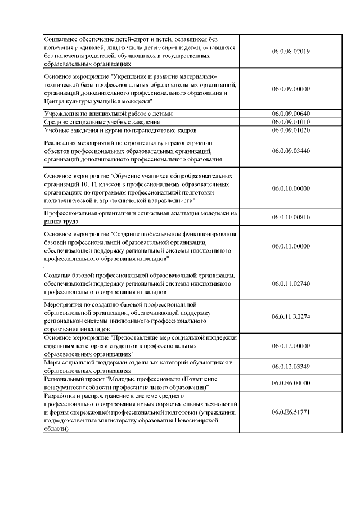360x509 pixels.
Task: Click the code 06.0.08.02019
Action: [291, 52]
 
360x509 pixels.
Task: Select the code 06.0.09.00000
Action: [291, 89]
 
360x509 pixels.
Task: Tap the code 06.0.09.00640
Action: [291, 114]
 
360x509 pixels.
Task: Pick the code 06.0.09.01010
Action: [291, 122]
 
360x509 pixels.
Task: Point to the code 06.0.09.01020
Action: [291, 130]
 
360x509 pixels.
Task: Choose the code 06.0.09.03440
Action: [291, 151]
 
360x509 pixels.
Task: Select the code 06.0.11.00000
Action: [291, 246]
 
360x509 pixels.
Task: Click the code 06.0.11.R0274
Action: [291, 317]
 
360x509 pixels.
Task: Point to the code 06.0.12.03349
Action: [291, 367]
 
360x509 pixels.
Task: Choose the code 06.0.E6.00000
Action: [291, 383]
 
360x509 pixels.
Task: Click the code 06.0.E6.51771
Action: [291, 412]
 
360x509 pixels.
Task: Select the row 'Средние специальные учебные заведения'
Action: [102, 122]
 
